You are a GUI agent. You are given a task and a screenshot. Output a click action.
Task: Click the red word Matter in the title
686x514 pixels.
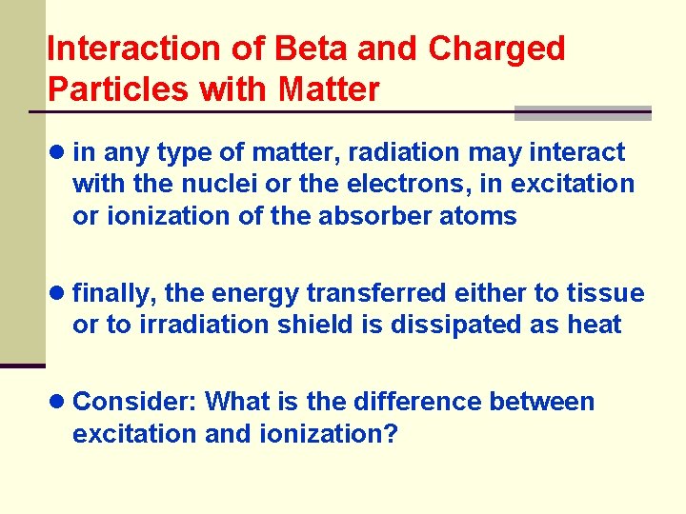tap(329, 89)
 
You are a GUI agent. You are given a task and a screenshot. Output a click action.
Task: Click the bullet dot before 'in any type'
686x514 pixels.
tap(58, 152)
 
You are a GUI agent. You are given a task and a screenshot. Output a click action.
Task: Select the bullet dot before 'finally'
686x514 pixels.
tap(58, 293)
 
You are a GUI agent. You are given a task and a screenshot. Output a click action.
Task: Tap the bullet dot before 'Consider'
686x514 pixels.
tap(58, 402)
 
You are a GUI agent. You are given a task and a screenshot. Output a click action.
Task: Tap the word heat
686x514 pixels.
tap(595, 325)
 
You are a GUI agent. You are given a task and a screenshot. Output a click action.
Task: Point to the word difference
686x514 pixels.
tap(409, 402)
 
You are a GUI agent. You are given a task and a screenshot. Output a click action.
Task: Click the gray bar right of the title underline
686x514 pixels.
tap(582, 113)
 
